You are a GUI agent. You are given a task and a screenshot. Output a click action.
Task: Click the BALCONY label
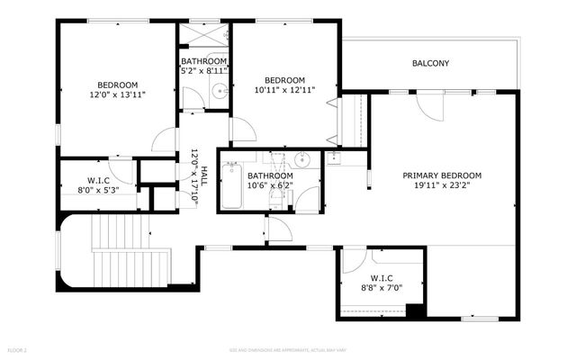coord(430,63)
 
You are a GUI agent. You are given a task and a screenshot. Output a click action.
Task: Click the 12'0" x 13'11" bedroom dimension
coord(117,94)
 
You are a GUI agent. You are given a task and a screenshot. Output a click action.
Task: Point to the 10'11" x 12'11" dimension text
coord(283,90)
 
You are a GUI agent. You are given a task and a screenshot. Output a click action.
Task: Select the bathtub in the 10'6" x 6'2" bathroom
coord(232,187)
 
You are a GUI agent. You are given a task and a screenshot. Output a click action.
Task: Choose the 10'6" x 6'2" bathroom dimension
coord(269,186)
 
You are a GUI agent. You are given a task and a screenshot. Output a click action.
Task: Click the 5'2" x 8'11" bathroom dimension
coord(204,70)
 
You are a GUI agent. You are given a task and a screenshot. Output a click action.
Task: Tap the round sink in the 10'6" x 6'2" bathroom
coord(301,162)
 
